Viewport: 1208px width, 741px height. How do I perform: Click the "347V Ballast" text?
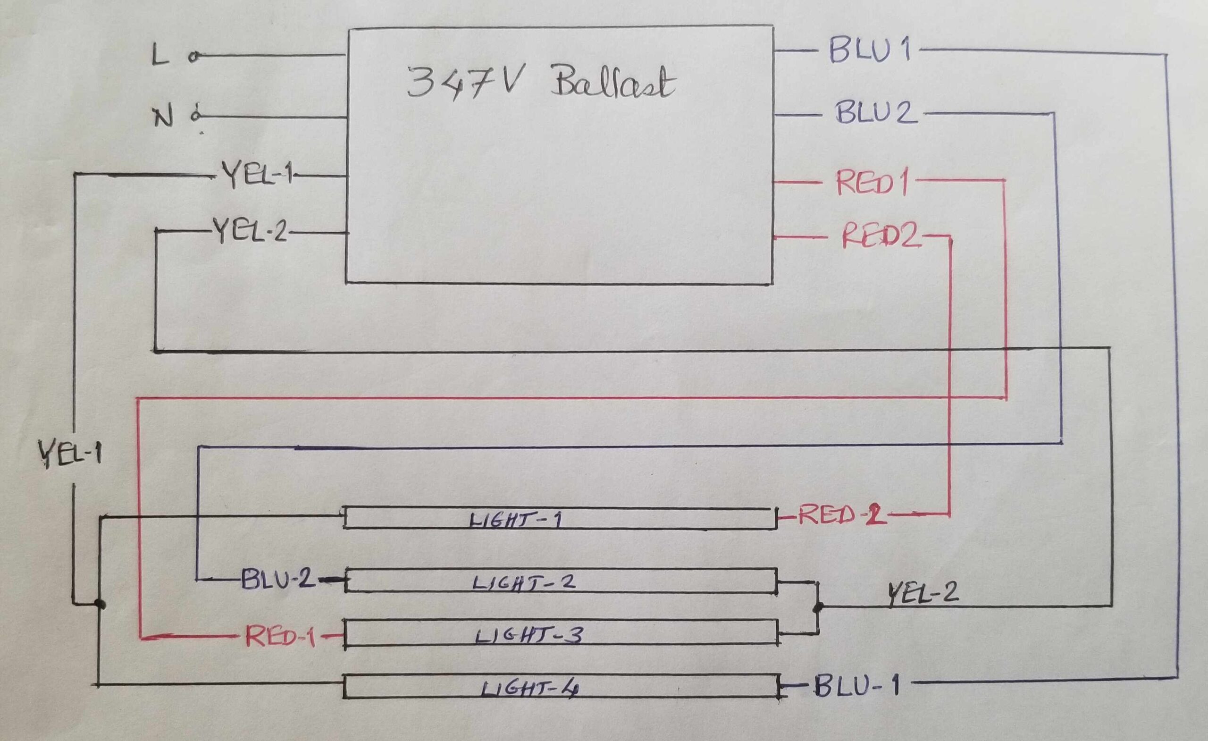542,84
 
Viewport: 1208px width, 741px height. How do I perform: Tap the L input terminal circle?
194,58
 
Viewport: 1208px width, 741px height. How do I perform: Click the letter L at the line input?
160,55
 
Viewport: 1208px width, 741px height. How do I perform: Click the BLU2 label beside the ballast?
876,113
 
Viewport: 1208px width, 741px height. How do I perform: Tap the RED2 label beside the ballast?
880,236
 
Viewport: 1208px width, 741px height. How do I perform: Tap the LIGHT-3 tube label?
528,636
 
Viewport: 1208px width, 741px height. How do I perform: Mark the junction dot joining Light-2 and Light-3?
817,607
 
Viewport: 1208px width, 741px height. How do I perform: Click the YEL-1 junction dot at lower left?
100,604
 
